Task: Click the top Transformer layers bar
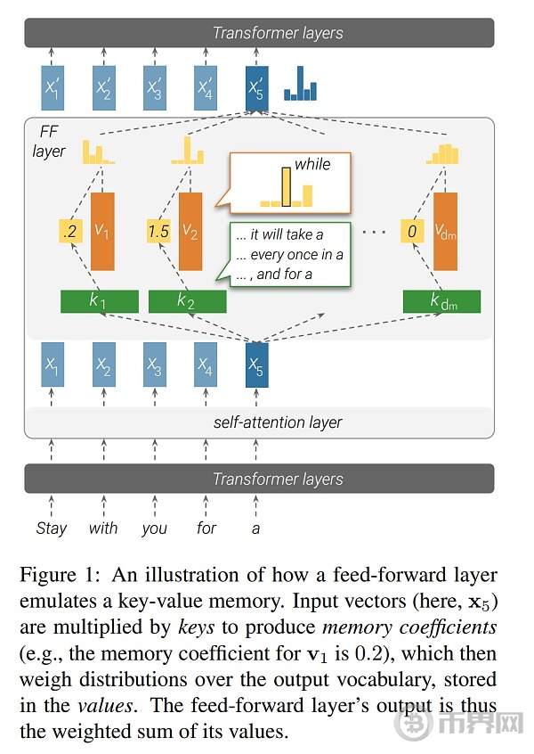[x=259, y=33]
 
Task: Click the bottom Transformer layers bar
[x=259, y=479]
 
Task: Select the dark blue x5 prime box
[x=256, y=88]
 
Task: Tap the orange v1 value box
[x=102, y=232]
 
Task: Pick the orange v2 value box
[x=190, y=232]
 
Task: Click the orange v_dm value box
[x=445, y=232]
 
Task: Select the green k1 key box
[x=100, y=301]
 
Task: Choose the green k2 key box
[x=187, y=301]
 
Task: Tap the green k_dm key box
[x=441, y=301]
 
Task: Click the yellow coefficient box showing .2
[x=70, y=232]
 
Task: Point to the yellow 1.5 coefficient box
[x=158, y=232]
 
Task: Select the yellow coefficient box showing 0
[x=412, y=232]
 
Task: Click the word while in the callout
[x=312, y=165]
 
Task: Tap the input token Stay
[x=52, y=528]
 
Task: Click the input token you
[x=154, y=529]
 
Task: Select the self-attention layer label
[x=278, y=422]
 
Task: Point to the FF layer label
[x=48, y=142]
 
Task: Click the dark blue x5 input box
[x=257, y=365]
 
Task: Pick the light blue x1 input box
[x=53, y=365]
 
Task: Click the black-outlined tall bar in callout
[x=287, y=187]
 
